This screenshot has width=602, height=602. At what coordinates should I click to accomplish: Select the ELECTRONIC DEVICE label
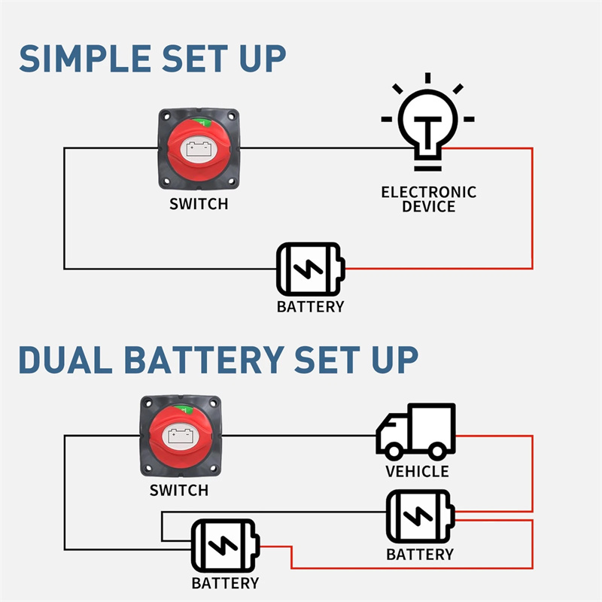coord(428,199)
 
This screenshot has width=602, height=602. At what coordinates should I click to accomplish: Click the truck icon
coord(416,431)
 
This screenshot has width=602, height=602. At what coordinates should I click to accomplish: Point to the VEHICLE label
coord(417,472)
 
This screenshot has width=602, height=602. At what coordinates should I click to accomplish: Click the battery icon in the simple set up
coord(310,269)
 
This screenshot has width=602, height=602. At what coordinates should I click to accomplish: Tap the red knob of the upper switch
coord(198,150)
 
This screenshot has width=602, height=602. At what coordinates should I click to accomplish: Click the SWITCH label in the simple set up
coord(198,204)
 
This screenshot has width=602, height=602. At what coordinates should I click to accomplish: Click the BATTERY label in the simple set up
coord(310,306)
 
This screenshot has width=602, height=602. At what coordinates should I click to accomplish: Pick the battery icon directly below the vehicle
coord(419,517)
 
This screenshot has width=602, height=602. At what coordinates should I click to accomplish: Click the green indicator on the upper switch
coord(199,124)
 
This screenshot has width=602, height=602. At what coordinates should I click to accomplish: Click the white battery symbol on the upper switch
coord(199,148)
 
